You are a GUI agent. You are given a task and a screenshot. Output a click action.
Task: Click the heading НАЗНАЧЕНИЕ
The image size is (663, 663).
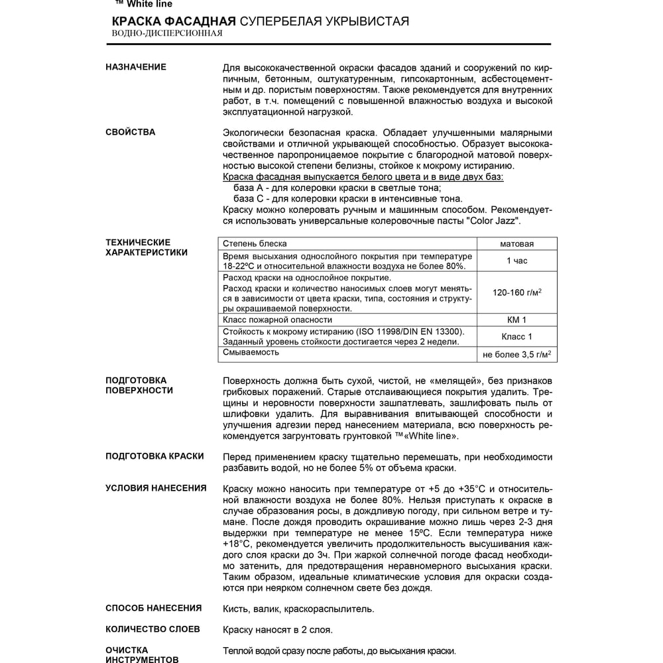click(x=136, y=67)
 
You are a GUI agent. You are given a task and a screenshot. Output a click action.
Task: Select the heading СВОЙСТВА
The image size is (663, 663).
click(x=131, y=132)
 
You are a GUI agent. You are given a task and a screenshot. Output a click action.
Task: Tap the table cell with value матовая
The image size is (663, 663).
click(x=516, y=244)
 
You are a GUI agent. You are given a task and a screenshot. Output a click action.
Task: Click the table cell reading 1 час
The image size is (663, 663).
click(x=516, y=261)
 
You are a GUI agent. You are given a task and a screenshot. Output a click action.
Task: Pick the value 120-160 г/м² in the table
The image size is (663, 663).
click(x=516, y=292)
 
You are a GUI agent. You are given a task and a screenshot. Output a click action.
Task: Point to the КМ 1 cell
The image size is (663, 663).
click(x=516, y=320)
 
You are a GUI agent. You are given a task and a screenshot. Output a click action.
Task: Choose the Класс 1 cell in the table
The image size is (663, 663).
click(x=516, y=337)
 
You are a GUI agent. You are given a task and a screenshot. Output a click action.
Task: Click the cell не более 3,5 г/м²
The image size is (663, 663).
click(x=516, y=355)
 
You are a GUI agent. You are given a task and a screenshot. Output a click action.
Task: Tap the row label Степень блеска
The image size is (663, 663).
click(x=255, y=244)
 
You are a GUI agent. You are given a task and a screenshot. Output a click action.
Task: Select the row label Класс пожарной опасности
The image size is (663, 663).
click(x=277, y=320)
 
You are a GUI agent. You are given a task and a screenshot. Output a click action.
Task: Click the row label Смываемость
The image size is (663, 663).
click(x=251, y=352)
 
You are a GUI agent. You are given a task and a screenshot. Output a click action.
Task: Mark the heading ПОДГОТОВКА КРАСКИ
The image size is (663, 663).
click(x=154, y=456)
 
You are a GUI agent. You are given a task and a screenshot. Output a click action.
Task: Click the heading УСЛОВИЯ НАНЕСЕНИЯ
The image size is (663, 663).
click(x=156, y=488)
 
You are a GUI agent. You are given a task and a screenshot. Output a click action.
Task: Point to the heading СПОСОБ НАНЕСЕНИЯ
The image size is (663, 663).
click(x=154, y=608)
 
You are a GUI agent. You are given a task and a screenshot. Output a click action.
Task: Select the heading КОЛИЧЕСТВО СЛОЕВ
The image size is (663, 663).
click(x=152, y=629)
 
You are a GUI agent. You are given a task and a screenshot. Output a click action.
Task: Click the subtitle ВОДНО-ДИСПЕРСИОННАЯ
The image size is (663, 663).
click(x=167, y=33)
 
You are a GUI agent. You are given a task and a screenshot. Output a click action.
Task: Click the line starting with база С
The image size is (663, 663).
click(x=348, y=198)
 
